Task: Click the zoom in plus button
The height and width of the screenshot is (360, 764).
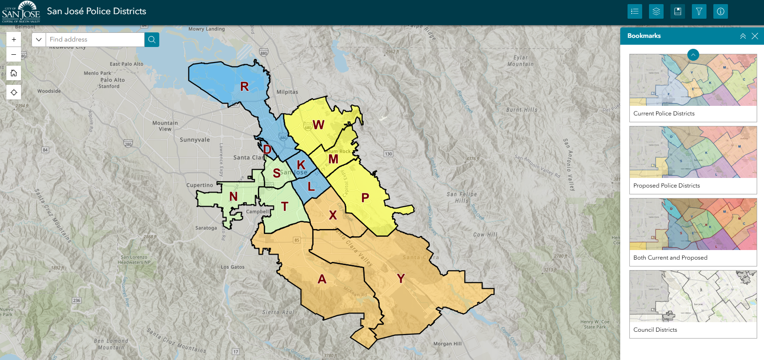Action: (14, 40)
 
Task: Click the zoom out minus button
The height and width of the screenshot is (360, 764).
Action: (14, 55)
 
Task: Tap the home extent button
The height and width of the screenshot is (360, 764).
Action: (14, 73)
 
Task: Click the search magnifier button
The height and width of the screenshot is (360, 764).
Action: (152, 40)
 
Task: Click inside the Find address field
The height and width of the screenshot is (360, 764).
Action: (95, 40)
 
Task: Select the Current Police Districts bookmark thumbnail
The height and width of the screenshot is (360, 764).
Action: (693, 80)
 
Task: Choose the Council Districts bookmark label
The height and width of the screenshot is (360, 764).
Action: (655, 330)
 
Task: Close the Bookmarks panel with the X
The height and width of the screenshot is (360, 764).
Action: (755, 36)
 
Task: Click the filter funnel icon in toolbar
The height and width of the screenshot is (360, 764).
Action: (699, 11)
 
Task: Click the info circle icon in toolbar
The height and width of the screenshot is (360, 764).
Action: (720, 11)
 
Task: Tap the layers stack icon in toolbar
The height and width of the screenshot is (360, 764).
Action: (656, 11)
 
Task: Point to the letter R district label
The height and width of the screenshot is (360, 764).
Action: (245, 86)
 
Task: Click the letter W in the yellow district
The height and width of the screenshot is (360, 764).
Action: (319, 125)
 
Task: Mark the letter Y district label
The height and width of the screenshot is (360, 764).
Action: (401, 278)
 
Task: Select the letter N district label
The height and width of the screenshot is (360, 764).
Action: (233, 196)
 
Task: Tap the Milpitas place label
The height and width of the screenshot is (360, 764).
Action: (287, 92)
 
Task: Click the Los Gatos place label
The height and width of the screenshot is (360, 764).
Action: (233, 267)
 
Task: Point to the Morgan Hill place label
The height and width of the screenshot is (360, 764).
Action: (447, 344)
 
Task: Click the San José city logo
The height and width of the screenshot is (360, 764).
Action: (21, 11)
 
